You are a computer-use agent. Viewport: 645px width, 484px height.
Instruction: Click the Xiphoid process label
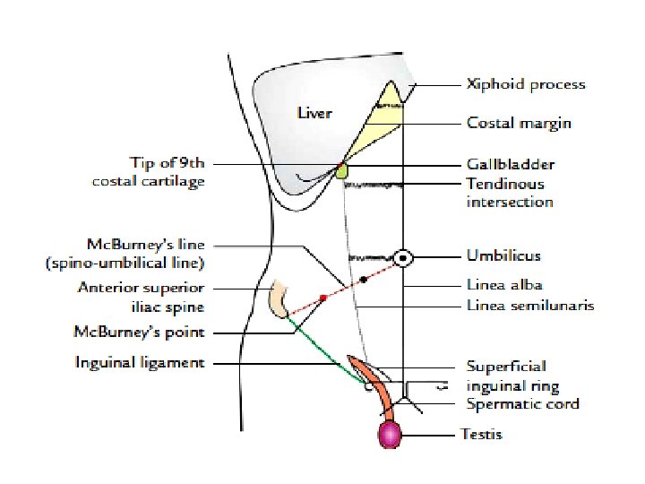pyautogui.click(x=525, y=85)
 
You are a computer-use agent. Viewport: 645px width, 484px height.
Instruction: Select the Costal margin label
pyautogui.click(x=519, y=123)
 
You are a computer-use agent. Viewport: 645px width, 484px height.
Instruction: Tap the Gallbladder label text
pyautogui.click(x=510, y=165)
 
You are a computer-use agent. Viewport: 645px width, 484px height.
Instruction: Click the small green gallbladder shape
pyautogui.click(x=341, y=169)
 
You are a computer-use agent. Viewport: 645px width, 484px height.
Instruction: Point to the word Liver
pyautogui.click(x=314, y=113)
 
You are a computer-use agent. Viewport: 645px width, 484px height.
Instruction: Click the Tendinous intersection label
pyautogui.click(x=510, y=193)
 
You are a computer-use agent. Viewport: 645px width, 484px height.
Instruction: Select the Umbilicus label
pyautogui.click(x=503, y=256)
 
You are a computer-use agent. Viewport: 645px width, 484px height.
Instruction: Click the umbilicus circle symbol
pyautogui.click(x=404, y=258)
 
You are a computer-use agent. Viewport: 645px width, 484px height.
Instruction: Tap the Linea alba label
pyautogui.click(x=504, y=285)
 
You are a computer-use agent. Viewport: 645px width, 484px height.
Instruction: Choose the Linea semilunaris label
pyautogui.click(x=530, y=306)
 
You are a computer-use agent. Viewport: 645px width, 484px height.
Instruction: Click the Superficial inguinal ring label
pyautogui.click(x=512, y=376)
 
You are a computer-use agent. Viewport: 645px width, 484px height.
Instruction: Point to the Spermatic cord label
pyautogui.click(x=522, y=404)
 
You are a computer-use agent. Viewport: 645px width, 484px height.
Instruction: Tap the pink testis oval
pyautogui.click(x=390, y=435)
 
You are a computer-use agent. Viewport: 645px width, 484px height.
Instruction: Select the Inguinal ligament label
pyautogui.click(x=153, y=363)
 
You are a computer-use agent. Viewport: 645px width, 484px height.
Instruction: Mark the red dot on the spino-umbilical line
pyautogui.click(x=322, y=297)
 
